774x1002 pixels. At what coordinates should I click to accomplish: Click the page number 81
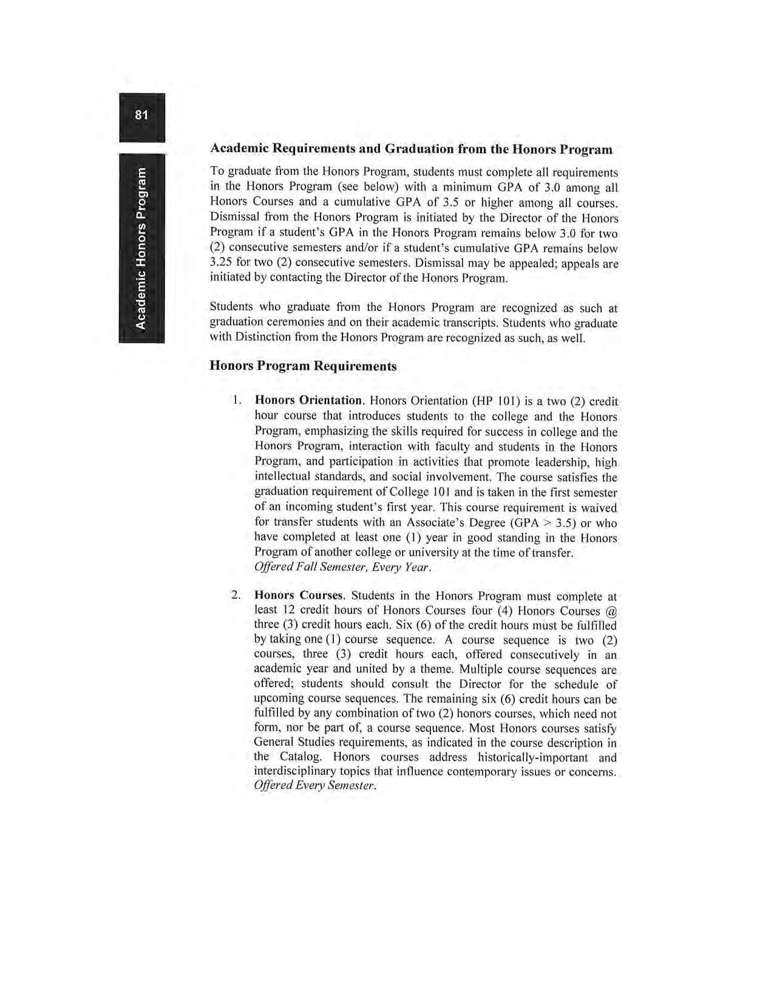[141, 115]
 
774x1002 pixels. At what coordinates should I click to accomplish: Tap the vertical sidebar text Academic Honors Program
[141, 248]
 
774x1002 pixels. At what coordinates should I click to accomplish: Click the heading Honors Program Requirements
[303, 366]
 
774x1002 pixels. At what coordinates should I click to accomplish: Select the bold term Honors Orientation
[308, 401]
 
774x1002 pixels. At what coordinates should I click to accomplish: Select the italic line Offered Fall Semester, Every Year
[343, 568]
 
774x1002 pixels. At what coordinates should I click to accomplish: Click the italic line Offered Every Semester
[315, 786]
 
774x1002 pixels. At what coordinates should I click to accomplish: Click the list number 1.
[238, 401]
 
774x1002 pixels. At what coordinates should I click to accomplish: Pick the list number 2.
[237, 595]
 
